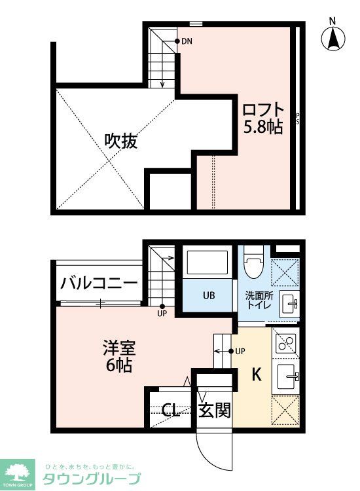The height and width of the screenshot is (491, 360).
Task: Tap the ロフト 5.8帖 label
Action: pos(263,118)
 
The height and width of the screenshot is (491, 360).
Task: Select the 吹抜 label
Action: pos(121,141)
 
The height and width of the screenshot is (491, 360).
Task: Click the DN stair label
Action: pos(187,41)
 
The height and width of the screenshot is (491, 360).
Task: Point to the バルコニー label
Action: pos(99,283)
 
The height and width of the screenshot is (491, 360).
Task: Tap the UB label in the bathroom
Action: pos(207,296)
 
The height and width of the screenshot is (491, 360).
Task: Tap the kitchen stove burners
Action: pos(285,342)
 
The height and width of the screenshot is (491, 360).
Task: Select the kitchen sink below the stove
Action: pos(286,377)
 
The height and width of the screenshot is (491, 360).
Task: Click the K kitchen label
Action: pos(257,375)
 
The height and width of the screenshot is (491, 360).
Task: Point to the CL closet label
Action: pos(171,410)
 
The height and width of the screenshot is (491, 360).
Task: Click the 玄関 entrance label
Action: pos(215,410)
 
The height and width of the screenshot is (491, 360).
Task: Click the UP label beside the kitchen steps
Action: pos(240,352)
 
